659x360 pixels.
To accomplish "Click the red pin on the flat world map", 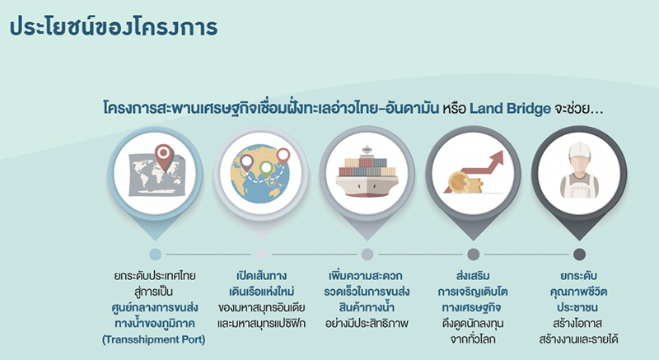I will (165, 154).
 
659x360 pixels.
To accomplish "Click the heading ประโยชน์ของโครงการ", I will (113, 26).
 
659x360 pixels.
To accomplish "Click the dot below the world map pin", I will (156, 255).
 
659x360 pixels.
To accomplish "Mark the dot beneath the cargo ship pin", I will (367, 255).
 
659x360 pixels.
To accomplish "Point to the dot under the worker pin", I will (579, 255).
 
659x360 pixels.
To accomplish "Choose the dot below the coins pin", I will (473, 255).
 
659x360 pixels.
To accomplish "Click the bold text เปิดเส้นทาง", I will (261, 276).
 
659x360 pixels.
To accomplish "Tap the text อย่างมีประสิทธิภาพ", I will (367, 323).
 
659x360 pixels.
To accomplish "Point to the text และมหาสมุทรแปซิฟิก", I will (261, 323).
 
